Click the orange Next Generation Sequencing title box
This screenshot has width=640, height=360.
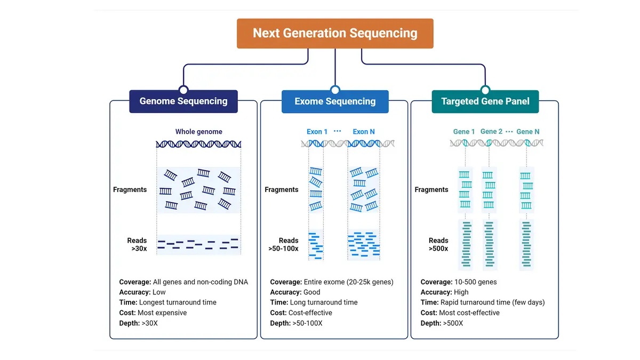(335, 33)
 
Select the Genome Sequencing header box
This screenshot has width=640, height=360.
(183, 101)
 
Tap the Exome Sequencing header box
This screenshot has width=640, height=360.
(335, 101)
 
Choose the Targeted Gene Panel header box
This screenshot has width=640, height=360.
(485, 101)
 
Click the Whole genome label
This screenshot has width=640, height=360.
(198, 132)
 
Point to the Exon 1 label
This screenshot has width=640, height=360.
(317, 132)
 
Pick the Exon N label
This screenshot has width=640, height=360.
(364, 132)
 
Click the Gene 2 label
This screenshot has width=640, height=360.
(491, 132)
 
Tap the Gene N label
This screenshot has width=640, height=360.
(527, 132)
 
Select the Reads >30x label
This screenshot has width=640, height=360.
(137, 245)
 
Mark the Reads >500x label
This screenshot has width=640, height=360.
(438, 245)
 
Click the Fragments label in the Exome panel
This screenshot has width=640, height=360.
(282, 189)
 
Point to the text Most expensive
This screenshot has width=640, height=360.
(162, 313)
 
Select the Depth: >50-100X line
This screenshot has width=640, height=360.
(296, 323)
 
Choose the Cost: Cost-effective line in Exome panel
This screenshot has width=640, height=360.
(301, 313)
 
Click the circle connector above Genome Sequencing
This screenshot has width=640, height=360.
(183, 90)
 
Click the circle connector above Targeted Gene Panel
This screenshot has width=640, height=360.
(485, 90)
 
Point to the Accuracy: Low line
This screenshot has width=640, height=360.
(142, 292)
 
